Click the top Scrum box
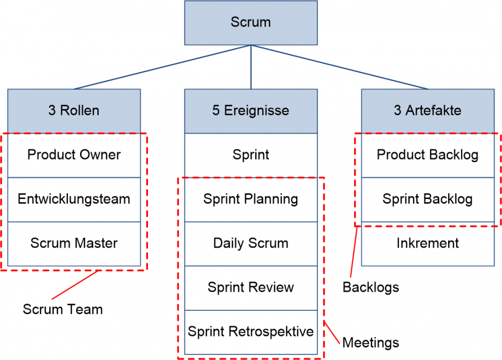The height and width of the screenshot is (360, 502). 250,22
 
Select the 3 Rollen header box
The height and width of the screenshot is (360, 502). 74,111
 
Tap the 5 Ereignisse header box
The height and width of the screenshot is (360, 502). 250,111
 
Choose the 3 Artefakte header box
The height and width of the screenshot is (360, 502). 427,111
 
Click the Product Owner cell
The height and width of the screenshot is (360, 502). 74,155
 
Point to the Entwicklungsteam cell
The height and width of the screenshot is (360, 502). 74,199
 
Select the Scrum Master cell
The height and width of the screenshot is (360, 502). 74,243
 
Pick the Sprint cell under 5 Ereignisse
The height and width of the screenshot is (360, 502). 250,155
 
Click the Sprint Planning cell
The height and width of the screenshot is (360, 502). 250,199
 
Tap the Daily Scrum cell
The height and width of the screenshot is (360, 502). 250,243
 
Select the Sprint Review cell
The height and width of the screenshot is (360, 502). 250,287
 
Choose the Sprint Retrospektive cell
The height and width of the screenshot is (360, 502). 250,332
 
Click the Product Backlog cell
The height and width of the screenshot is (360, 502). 427,155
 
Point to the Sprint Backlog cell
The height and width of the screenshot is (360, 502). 427,199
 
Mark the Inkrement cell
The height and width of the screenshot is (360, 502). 427,243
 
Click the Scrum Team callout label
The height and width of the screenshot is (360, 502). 63,309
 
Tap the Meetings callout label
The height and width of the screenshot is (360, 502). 370,343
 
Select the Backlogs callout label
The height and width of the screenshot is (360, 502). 370,287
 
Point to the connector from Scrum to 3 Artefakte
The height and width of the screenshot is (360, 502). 340,67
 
